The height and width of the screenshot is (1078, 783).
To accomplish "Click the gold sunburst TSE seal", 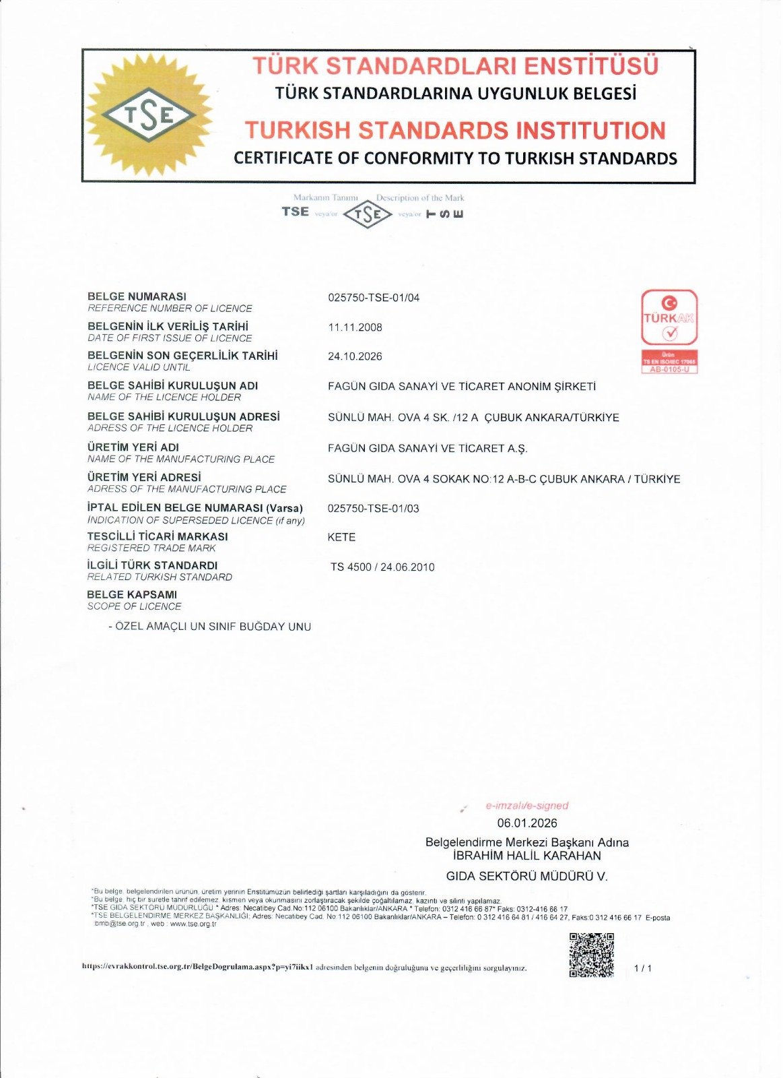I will coord(149,115).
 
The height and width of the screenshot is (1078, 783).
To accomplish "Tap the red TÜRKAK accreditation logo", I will coord(669,317).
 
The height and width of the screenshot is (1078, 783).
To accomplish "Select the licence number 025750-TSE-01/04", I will coord(374,298).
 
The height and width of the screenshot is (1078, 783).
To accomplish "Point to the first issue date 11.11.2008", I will coord(355,327).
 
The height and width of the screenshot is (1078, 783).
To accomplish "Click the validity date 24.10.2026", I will coord(355,356).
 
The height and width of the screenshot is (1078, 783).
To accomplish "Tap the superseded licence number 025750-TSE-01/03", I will coord(373,509).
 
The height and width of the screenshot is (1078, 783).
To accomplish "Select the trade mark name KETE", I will coord(341,538).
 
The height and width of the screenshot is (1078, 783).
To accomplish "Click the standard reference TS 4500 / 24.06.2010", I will coord(382,567).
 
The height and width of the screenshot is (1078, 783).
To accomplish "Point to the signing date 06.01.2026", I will coord(527,823).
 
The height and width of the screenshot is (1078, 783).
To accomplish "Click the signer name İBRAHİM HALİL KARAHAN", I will coord(527,856).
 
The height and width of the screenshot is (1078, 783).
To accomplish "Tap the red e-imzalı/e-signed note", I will coord(527,806).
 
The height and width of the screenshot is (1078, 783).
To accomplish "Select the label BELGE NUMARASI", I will coord(137,296).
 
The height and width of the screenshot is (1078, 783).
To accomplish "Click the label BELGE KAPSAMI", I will coord(132,595).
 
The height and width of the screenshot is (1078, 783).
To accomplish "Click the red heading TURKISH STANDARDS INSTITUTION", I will coord(455,130).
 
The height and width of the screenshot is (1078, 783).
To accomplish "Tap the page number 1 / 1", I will coord(643,968).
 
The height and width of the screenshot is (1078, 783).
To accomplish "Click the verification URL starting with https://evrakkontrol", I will coord(198,968).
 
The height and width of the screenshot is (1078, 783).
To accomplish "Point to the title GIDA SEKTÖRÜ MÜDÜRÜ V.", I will coord(527,877).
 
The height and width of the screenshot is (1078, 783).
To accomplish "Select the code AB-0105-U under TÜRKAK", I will coord(669,369).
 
